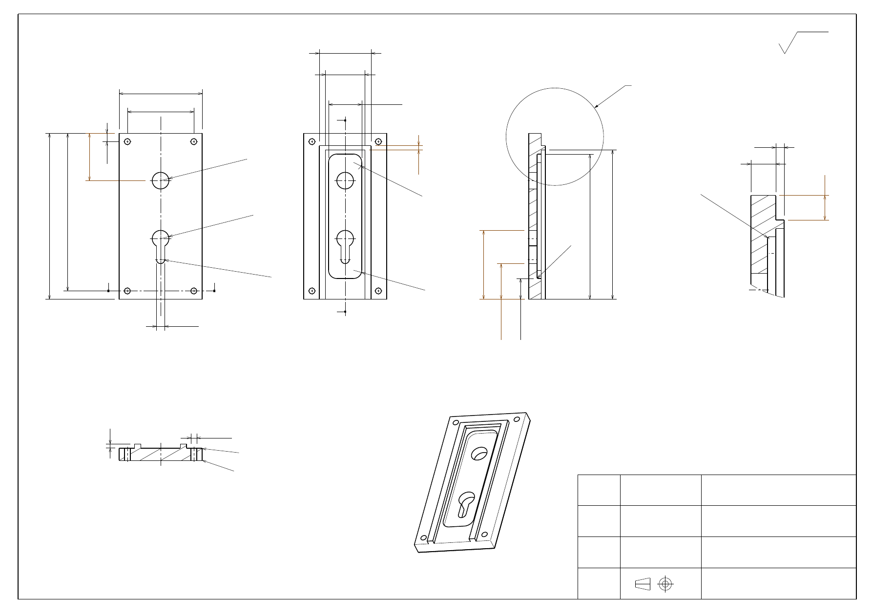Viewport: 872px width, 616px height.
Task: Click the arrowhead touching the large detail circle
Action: tap(596, 106)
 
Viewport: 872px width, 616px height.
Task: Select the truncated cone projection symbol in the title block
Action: tap(643, 584)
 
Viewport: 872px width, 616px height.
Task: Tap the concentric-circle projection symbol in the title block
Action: tap(665, 584)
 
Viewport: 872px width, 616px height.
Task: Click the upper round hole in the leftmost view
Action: tap(161, 180)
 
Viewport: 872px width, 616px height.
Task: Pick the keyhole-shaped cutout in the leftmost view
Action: tap(161, 245)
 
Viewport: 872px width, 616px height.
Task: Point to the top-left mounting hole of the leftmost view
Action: tap(127, 141)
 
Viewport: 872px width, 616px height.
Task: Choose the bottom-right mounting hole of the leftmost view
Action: tap(194, 291)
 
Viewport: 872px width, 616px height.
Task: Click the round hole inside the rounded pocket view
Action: tap(345, 180)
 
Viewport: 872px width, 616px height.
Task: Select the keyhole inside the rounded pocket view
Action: tap(345, 245)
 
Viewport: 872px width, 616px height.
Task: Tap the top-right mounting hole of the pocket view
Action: tap(378, 141)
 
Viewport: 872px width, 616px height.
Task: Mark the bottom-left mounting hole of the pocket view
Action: tap(312, 291)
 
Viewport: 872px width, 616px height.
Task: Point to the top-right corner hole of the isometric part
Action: tap(517, 419)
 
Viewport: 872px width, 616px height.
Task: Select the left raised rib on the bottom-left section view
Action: tap(138, 446)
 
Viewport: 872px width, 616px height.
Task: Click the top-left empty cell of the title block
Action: tap(599, 490)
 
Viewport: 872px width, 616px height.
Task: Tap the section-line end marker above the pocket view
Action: tap(345, 120)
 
